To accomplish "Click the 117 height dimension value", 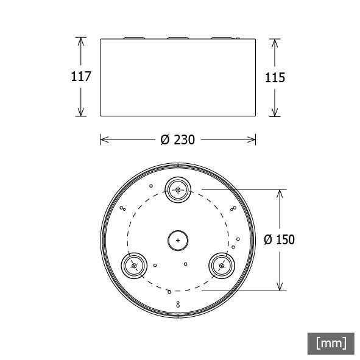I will [81, 77].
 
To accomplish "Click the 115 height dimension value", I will [275, 77].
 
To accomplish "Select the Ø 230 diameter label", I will [177, 140].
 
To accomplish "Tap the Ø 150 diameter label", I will [279, 240].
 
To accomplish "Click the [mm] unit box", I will [331, 343].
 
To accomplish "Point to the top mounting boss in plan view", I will [178, 190].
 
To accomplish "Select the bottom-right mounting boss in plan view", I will [222, 266].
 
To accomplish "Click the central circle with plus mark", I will [178, 241].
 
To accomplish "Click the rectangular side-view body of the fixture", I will [178, 77].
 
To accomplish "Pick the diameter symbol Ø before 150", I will [268, 240].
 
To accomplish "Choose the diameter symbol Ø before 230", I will [164, 140].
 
